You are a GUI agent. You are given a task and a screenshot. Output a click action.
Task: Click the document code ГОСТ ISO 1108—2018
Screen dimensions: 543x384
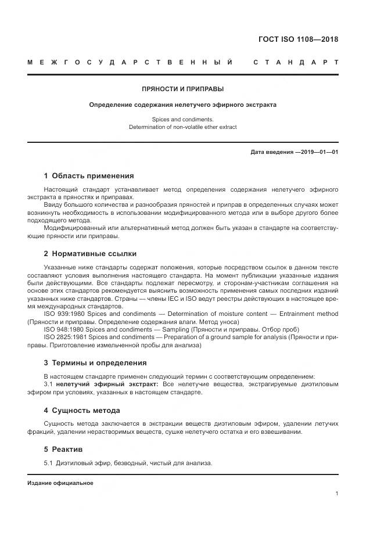click(x=298, y=39)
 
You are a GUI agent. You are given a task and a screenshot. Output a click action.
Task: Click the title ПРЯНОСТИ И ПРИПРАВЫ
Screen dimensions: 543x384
click(x=182, y=89)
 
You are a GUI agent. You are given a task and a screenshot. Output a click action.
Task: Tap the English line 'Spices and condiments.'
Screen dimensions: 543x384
click(x=182, y=118)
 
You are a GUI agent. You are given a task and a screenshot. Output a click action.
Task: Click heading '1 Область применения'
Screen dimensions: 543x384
click(x=89, y=175)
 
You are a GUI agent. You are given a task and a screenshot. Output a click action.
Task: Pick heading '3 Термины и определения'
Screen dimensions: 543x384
click(x=95, y=363)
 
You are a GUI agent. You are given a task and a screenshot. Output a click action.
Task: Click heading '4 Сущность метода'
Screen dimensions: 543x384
click(x=82, y=410)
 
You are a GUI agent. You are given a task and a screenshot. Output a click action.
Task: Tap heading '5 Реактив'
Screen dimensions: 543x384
click(x=63, y=449)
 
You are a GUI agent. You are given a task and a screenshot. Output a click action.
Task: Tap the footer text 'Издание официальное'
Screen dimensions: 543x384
click(x=60, y=483)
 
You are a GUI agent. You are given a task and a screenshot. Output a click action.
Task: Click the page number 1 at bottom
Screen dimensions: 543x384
click(x=336, y=494)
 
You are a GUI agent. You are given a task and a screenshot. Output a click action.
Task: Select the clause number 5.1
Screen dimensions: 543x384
click(x=49, y=463)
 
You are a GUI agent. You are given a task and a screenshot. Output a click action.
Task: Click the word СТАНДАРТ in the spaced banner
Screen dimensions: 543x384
click(x=296, y=62)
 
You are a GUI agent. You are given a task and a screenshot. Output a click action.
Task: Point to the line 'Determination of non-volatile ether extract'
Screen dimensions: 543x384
click(x=182, y=127)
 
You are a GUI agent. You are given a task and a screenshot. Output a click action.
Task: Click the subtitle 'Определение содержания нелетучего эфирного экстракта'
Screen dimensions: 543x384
click(x=182, y=105)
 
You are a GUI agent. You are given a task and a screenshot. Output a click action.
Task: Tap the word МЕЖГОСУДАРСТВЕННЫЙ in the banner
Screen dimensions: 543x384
click(x=130, y=62)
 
